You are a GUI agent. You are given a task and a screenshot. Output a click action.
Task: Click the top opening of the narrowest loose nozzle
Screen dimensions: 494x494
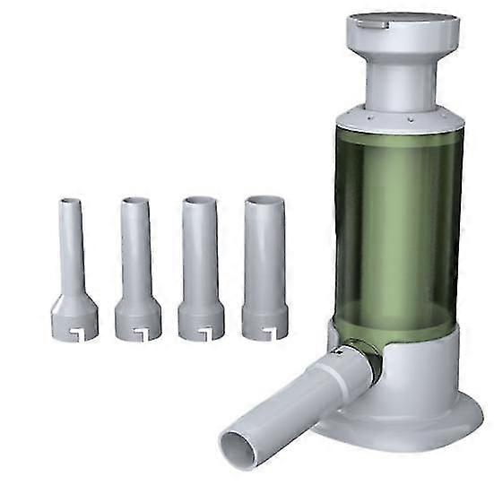tap(70, 202)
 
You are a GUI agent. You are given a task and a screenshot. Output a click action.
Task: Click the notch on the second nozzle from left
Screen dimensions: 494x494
tap(142, 334)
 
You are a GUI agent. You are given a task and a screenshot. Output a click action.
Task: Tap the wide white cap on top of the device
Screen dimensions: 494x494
tap(403, 30)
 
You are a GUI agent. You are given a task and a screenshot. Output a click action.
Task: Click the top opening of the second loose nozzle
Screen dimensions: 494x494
tap(134, 201)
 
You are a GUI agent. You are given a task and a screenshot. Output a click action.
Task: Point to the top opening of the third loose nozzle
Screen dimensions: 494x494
tap(199, 200)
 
